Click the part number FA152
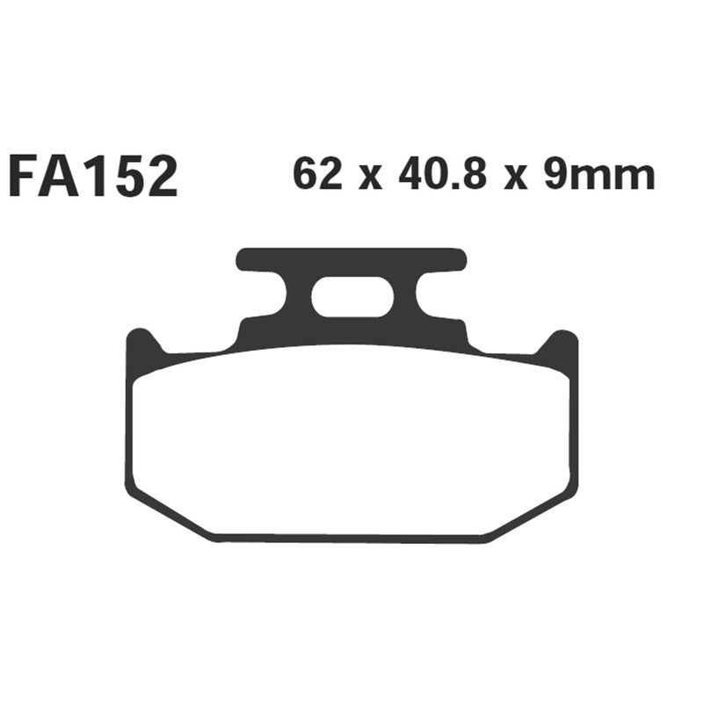point(92,177)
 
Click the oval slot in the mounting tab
point(351,297)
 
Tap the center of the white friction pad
point(351,439)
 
